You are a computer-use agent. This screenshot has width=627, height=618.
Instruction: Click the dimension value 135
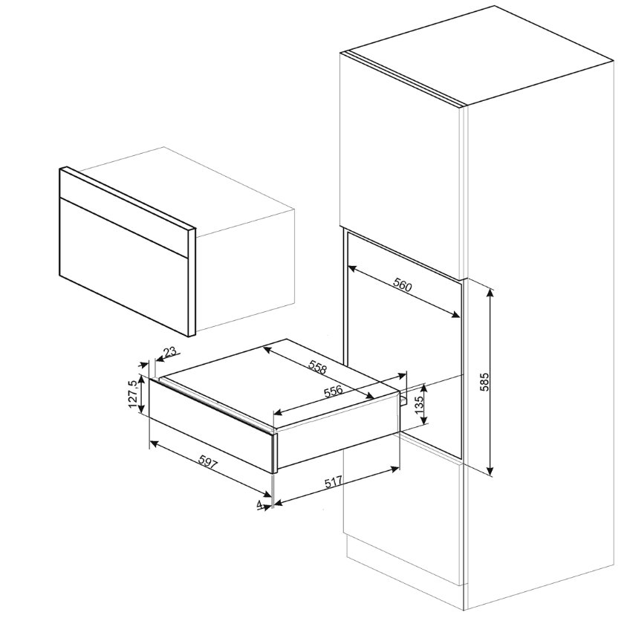[419, 405]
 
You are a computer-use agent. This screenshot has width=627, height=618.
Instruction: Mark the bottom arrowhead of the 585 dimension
[490, 472]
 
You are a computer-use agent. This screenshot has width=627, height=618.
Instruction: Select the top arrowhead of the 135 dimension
[424, 387]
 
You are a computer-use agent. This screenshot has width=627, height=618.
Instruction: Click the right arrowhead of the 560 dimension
[457, 316]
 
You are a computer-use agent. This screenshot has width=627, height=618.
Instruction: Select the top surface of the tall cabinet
[475, 56]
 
